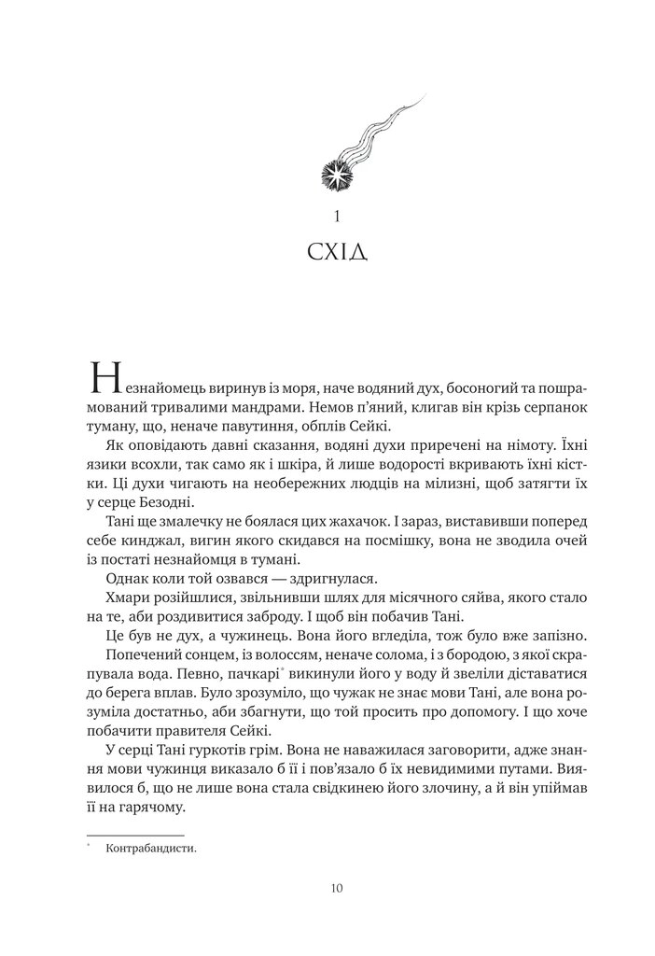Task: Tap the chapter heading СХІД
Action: (x=336, y=255)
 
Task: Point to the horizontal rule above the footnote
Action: (x=135, y=835)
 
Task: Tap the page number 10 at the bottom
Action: (x=336, y=887)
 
